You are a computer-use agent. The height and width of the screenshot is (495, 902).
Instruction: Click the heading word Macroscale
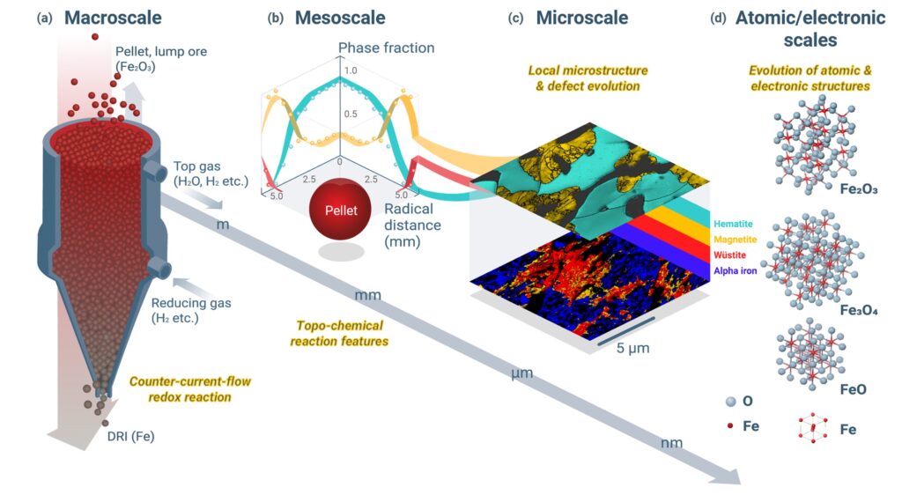tap(113, 18)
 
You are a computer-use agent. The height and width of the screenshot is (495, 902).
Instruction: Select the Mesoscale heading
tap(340, 18)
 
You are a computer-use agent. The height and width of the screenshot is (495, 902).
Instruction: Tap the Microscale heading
tap(581, 18)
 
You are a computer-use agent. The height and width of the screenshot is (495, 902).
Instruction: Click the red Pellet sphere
tap(341, 210)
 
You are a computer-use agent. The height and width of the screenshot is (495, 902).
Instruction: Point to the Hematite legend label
tap(733, 225)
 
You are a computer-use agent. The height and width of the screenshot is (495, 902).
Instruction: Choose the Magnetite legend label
tap(736, 240)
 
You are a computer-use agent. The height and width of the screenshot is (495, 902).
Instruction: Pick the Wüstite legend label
tap(729, 255)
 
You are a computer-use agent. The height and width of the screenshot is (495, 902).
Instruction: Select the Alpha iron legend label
tap(736, 270)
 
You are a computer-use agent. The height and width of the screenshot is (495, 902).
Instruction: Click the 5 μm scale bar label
tap(632, 348)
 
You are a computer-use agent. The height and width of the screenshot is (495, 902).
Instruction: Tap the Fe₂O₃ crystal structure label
tap(859, 189)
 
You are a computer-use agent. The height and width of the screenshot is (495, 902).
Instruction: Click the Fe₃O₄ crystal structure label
tap(859, 310)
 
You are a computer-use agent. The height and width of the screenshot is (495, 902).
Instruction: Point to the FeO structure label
tap(853, 390)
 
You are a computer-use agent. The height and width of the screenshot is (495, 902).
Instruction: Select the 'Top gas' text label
tap(196, 166)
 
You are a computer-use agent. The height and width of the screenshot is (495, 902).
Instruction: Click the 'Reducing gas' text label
tap(191, 303)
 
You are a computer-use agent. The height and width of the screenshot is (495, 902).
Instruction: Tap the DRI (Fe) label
tap(130, 436)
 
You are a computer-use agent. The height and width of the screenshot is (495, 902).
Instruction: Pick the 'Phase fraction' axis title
tap(386, 48)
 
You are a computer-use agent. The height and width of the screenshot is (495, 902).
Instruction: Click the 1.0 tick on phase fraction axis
tap(350, 70)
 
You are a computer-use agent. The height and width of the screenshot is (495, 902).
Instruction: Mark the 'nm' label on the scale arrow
tap(671, 443)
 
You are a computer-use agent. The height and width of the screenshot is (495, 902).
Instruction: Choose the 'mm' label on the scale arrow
tap(367, 295)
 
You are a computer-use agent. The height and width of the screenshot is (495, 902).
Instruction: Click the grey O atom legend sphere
tap(731, 402)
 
